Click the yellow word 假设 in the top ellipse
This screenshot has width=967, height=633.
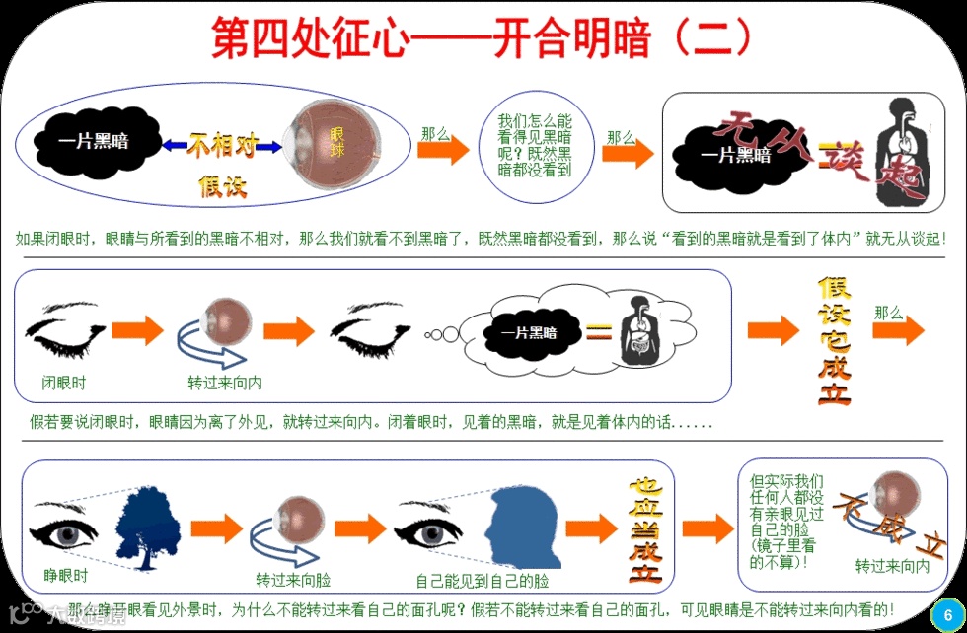pyautogui.click(x=223, y=184)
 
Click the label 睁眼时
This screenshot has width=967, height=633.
pyautogui.click(x=65, y=575)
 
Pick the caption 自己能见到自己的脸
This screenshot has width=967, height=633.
pyautogui.click(x=482, y=580)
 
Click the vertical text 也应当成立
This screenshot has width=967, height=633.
pyautogui.click(x=645, y=530)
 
